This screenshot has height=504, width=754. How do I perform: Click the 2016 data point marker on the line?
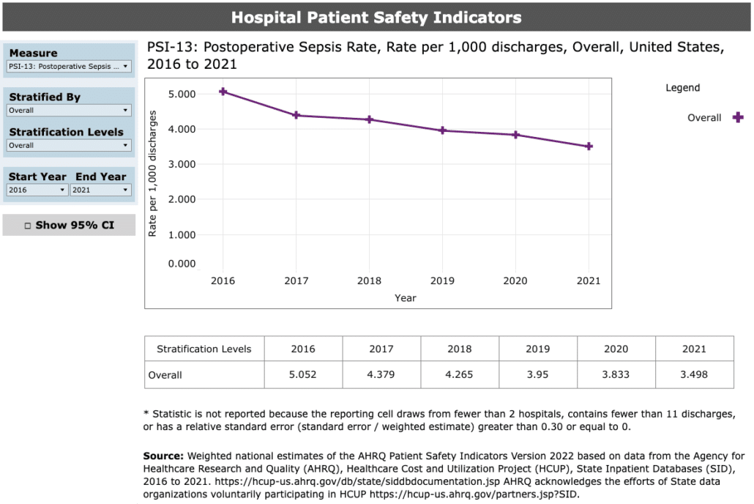click(223, 92)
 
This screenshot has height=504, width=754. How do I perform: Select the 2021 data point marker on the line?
click(589, 147)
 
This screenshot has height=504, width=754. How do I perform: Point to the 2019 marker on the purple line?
click(442, 130)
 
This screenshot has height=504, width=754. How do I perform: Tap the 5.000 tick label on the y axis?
click(182, 94)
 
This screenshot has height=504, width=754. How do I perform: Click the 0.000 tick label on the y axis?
click(182, 264)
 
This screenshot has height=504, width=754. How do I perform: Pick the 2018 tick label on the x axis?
click(369, 281)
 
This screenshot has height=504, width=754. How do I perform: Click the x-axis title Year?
click(406, 298)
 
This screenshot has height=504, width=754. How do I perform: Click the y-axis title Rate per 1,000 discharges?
click(153, 174)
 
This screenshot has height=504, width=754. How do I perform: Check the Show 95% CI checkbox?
click(28, 226)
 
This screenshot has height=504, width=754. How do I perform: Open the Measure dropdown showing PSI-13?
click(69, 67)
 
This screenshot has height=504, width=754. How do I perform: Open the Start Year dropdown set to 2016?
click(37, 190)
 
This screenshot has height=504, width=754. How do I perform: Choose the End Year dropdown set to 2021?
click(101, 190)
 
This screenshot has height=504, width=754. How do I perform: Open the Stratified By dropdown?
click(69, 111)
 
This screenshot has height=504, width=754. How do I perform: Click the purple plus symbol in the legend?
click(738, 117)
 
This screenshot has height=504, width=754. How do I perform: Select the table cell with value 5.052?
click(303, 375)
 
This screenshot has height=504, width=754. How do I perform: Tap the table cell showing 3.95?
click(538, 375)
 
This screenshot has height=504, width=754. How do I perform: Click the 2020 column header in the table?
click(616, 349)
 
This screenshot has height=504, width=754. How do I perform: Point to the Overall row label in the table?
click(165, 375)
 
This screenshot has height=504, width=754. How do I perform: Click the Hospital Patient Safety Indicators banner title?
click(376, 18)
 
